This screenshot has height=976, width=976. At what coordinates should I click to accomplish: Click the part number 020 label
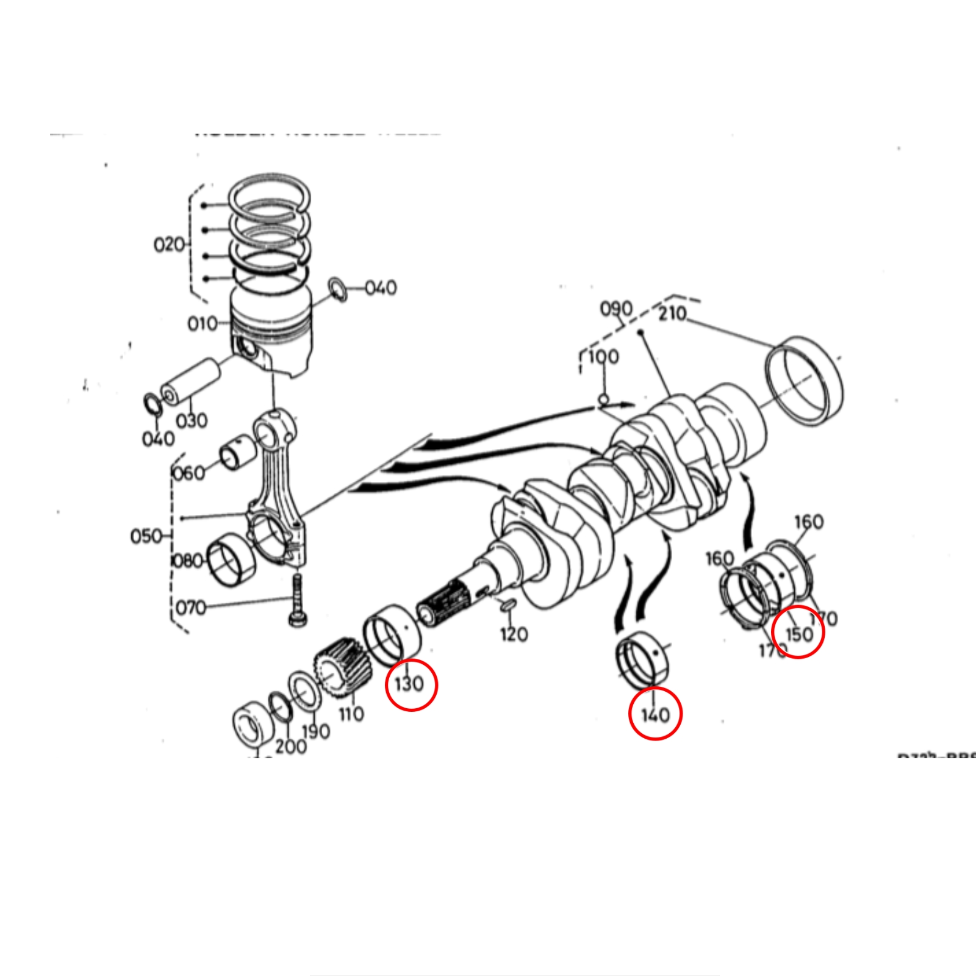169,245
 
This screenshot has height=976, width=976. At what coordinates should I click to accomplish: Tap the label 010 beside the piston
202,323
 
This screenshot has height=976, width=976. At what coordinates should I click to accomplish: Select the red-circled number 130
409,684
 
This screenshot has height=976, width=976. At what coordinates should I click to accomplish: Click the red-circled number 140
655,714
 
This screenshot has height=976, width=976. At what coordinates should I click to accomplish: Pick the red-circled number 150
798,633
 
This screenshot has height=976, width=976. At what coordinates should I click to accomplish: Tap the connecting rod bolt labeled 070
297,601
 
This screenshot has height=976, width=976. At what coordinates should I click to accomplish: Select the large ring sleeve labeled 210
805,379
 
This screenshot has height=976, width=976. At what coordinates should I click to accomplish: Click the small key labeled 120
508,605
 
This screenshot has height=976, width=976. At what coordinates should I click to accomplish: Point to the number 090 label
616,309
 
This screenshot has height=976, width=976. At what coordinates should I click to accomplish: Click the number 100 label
603,356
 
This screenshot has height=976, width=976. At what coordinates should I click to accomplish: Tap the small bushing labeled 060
234,452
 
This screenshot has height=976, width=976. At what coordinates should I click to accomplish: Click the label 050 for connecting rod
146,536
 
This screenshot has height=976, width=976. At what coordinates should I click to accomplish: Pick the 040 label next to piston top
381,287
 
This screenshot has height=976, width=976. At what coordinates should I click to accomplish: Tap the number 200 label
290,745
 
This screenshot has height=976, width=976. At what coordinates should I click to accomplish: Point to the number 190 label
316,731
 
